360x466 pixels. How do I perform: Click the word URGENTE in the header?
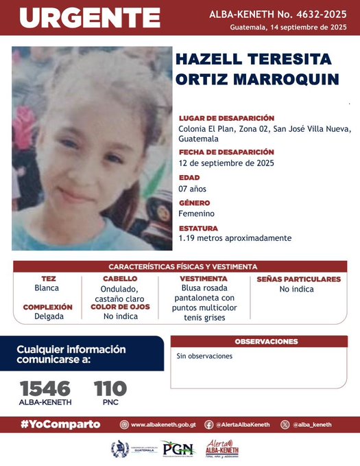[x=89, y=17]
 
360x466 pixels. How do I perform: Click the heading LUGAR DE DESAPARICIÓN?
[x=226, y=118]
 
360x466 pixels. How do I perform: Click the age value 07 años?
[x=192, y=188]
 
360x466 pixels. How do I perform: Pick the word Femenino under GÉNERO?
[x=196, y=213]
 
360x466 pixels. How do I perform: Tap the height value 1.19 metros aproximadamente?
[x=235, y=238]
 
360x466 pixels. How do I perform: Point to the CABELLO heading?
[x=119, y=279]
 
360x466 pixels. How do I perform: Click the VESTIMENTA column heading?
[x=204, y=279]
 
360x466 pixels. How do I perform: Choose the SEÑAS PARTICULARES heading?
[x=298, y=279]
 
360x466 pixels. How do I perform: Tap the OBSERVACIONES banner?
[x=266, y=341]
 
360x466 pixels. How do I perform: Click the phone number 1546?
[x=45, y=388]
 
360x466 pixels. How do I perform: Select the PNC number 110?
[x=110, y=388]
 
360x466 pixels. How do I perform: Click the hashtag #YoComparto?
[x=60, y=424]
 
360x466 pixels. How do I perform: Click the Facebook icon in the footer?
[x=208, y=425]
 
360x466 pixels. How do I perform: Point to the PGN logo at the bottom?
[x=178, y=449]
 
